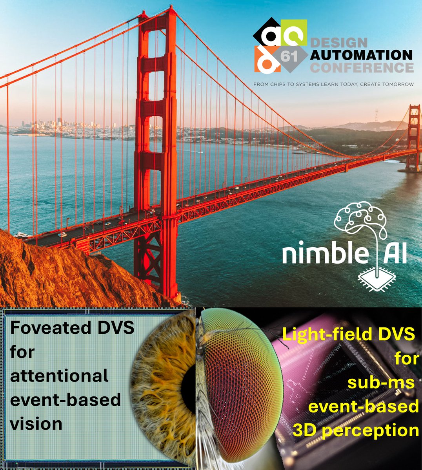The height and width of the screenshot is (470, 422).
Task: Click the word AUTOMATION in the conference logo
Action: pyautogui.click(x=361, y=54)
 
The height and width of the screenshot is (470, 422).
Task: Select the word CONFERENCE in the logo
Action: pyautogui.click(x=362, y=67)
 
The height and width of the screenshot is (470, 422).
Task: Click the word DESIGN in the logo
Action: pyautogui.click(x=338, y=42)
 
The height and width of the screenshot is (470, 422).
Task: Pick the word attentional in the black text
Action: pyautogui.click(x=59, y=376)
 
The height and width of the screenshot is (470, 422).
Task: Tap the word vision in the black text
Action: pyautogui.click(x=36, y=424)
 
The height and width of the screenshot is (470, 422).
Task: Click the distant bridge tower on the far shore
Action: pyautogui.click(x=413, y=137)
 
